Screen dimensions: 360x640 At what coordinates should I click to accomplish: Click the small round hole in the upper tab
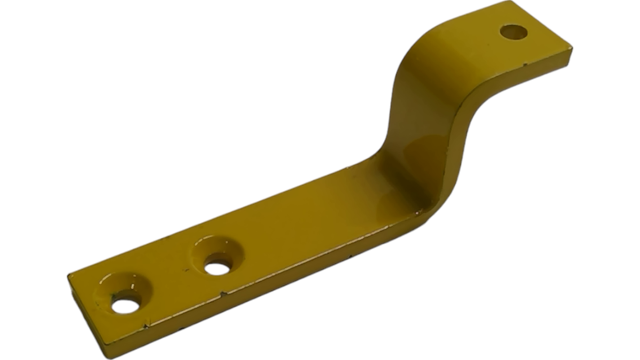tap(513, 32)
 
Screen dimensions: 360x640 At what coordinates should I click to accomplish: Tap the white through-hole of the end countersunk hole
tap(126, 306)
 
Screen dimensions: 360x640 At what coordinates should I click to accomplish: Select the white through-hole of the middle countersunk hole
tap(218, 268)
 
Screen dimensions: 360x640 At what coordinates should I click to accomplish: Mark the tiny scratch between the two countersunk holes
tap(186, 269)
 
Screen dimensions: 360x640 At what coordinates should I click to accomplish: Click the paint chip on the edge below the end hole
tap(146, 327)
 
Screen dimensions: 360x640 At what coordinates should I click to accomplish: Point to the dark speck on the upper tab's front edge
tap(525, 65)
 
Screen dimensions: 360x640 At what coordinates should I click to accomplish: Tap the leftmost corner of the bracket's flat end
tap(69, 276)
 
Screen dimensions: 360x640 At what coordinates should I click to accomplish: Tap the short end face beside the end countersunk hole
tap(86, 317)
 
